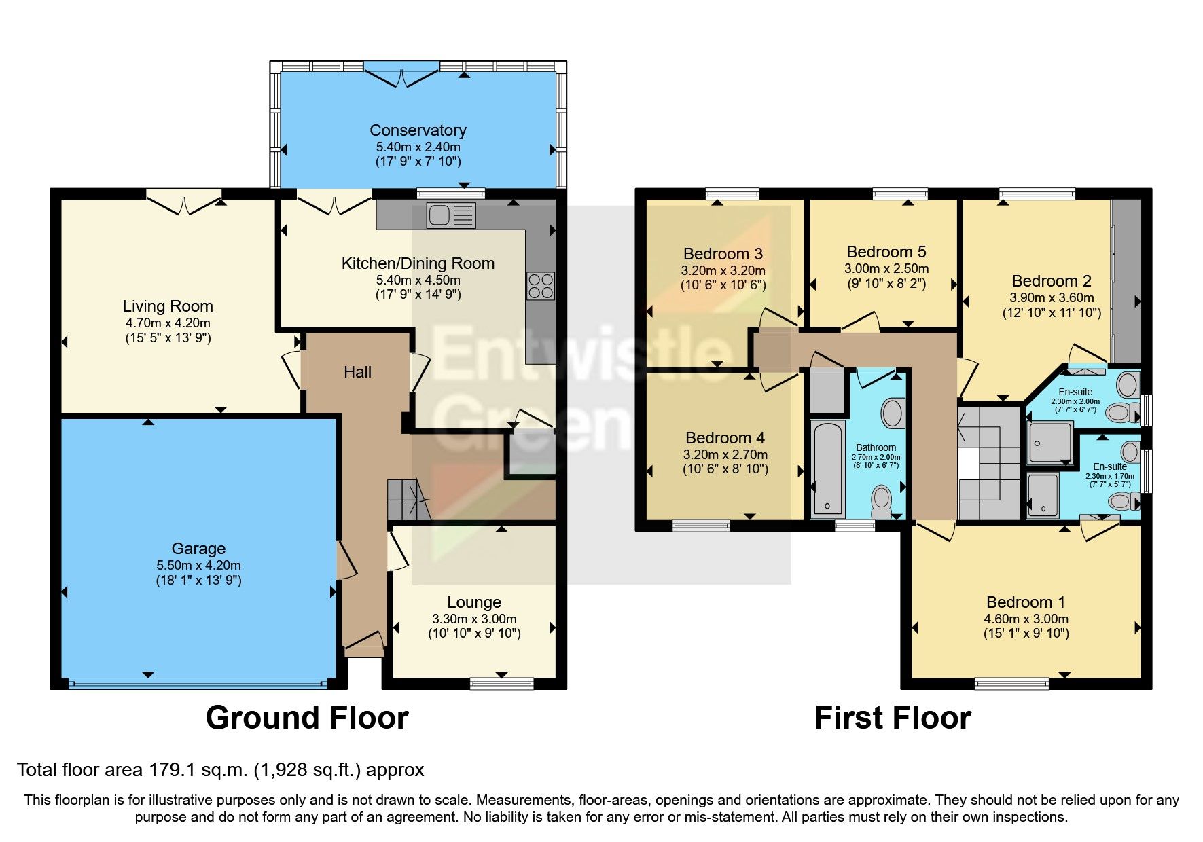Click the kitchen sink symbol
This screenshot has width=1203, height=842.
click(x=450, y=216)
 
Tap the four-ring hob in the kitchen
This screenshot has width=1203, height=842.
click(x=540, y=286)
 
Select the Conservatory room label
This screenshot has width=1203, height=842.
click(x=418, y=130)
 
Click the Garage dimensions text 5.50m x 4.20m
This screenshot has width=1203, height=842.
click(x=198, y=565)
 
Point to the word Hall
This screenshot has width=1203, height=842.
click(x=357, y=372)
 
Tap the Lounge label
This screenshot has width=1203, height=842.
click(x=474, y=602)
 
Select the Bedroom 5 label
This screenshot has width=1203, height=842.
click(x=886, y=252)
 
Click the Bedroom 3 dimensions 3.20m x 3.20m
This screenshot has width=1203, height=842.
click(x=723, y=270)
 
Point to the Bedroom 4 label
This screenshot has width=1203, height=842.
click(x=725, y=438)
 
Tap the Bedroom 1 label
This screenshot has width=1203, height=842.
click(x=1025, y=602)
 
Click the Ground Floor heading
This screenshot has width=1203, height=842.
click(x=307, y=718)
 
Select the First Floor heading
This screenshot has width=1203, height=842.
click(x=892, y=718)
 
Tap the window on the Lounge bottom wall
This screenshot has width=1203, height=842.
click(x=501, y=683)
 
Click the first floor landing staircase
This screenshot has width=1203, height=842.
click(x=988, y=462)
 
